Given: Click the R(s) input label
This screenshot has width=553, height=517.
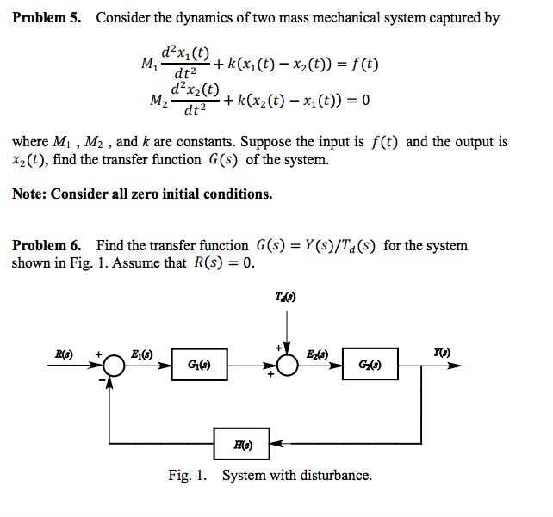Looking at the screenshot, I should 64,352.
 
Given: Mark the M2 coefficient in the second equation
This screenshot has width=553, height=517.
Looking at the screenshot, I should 158,102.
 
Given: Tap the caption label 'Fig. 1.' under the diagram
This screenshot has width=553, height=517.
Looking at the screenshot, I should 188,476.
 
